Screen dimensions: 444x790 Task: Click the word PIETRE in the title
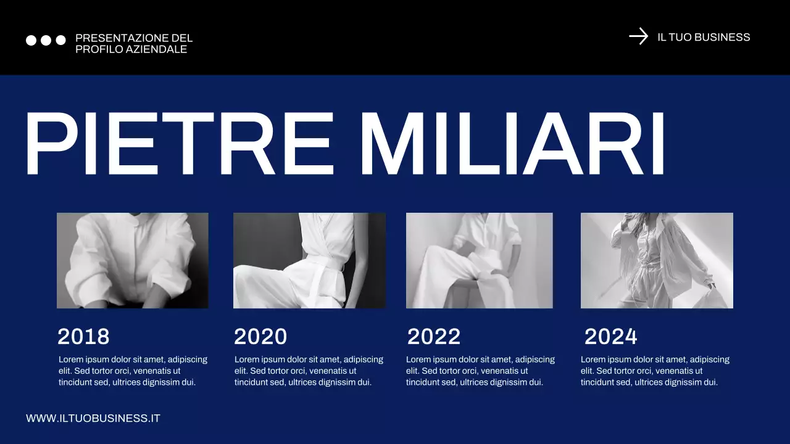179,144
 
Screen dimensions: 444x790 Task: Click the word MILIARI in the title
512,144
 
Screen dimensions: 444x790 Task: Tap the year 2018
83,337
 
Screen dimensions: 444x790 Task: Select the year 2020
260,337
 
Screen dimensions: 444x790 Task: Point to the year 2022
434,337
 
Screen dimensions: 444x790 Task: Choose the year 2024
610,337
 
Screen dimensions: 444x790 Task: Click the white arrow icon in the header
638,36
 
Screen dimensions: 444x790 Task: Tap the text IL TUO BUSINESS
704,37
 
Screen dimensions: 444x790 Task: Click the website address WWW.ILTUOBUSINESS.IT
93,418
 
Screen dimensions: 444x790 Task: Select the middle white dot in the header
46,40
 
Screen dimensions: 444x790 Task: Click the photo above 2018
133,260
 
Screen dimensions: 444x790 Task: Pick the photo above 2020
309,260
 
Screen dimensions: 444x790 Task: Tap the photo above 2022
480,260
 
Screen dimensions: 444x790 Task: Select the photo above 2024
657,260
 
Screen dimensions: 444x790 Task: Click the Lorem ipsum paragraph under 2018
133,371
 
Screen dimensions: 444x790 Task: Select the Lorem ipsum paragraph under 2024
655,371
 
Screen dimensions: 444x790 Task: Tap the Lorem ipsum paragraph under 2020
309,371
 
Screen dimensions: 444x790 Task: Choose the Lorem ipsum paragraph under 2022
480,371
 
